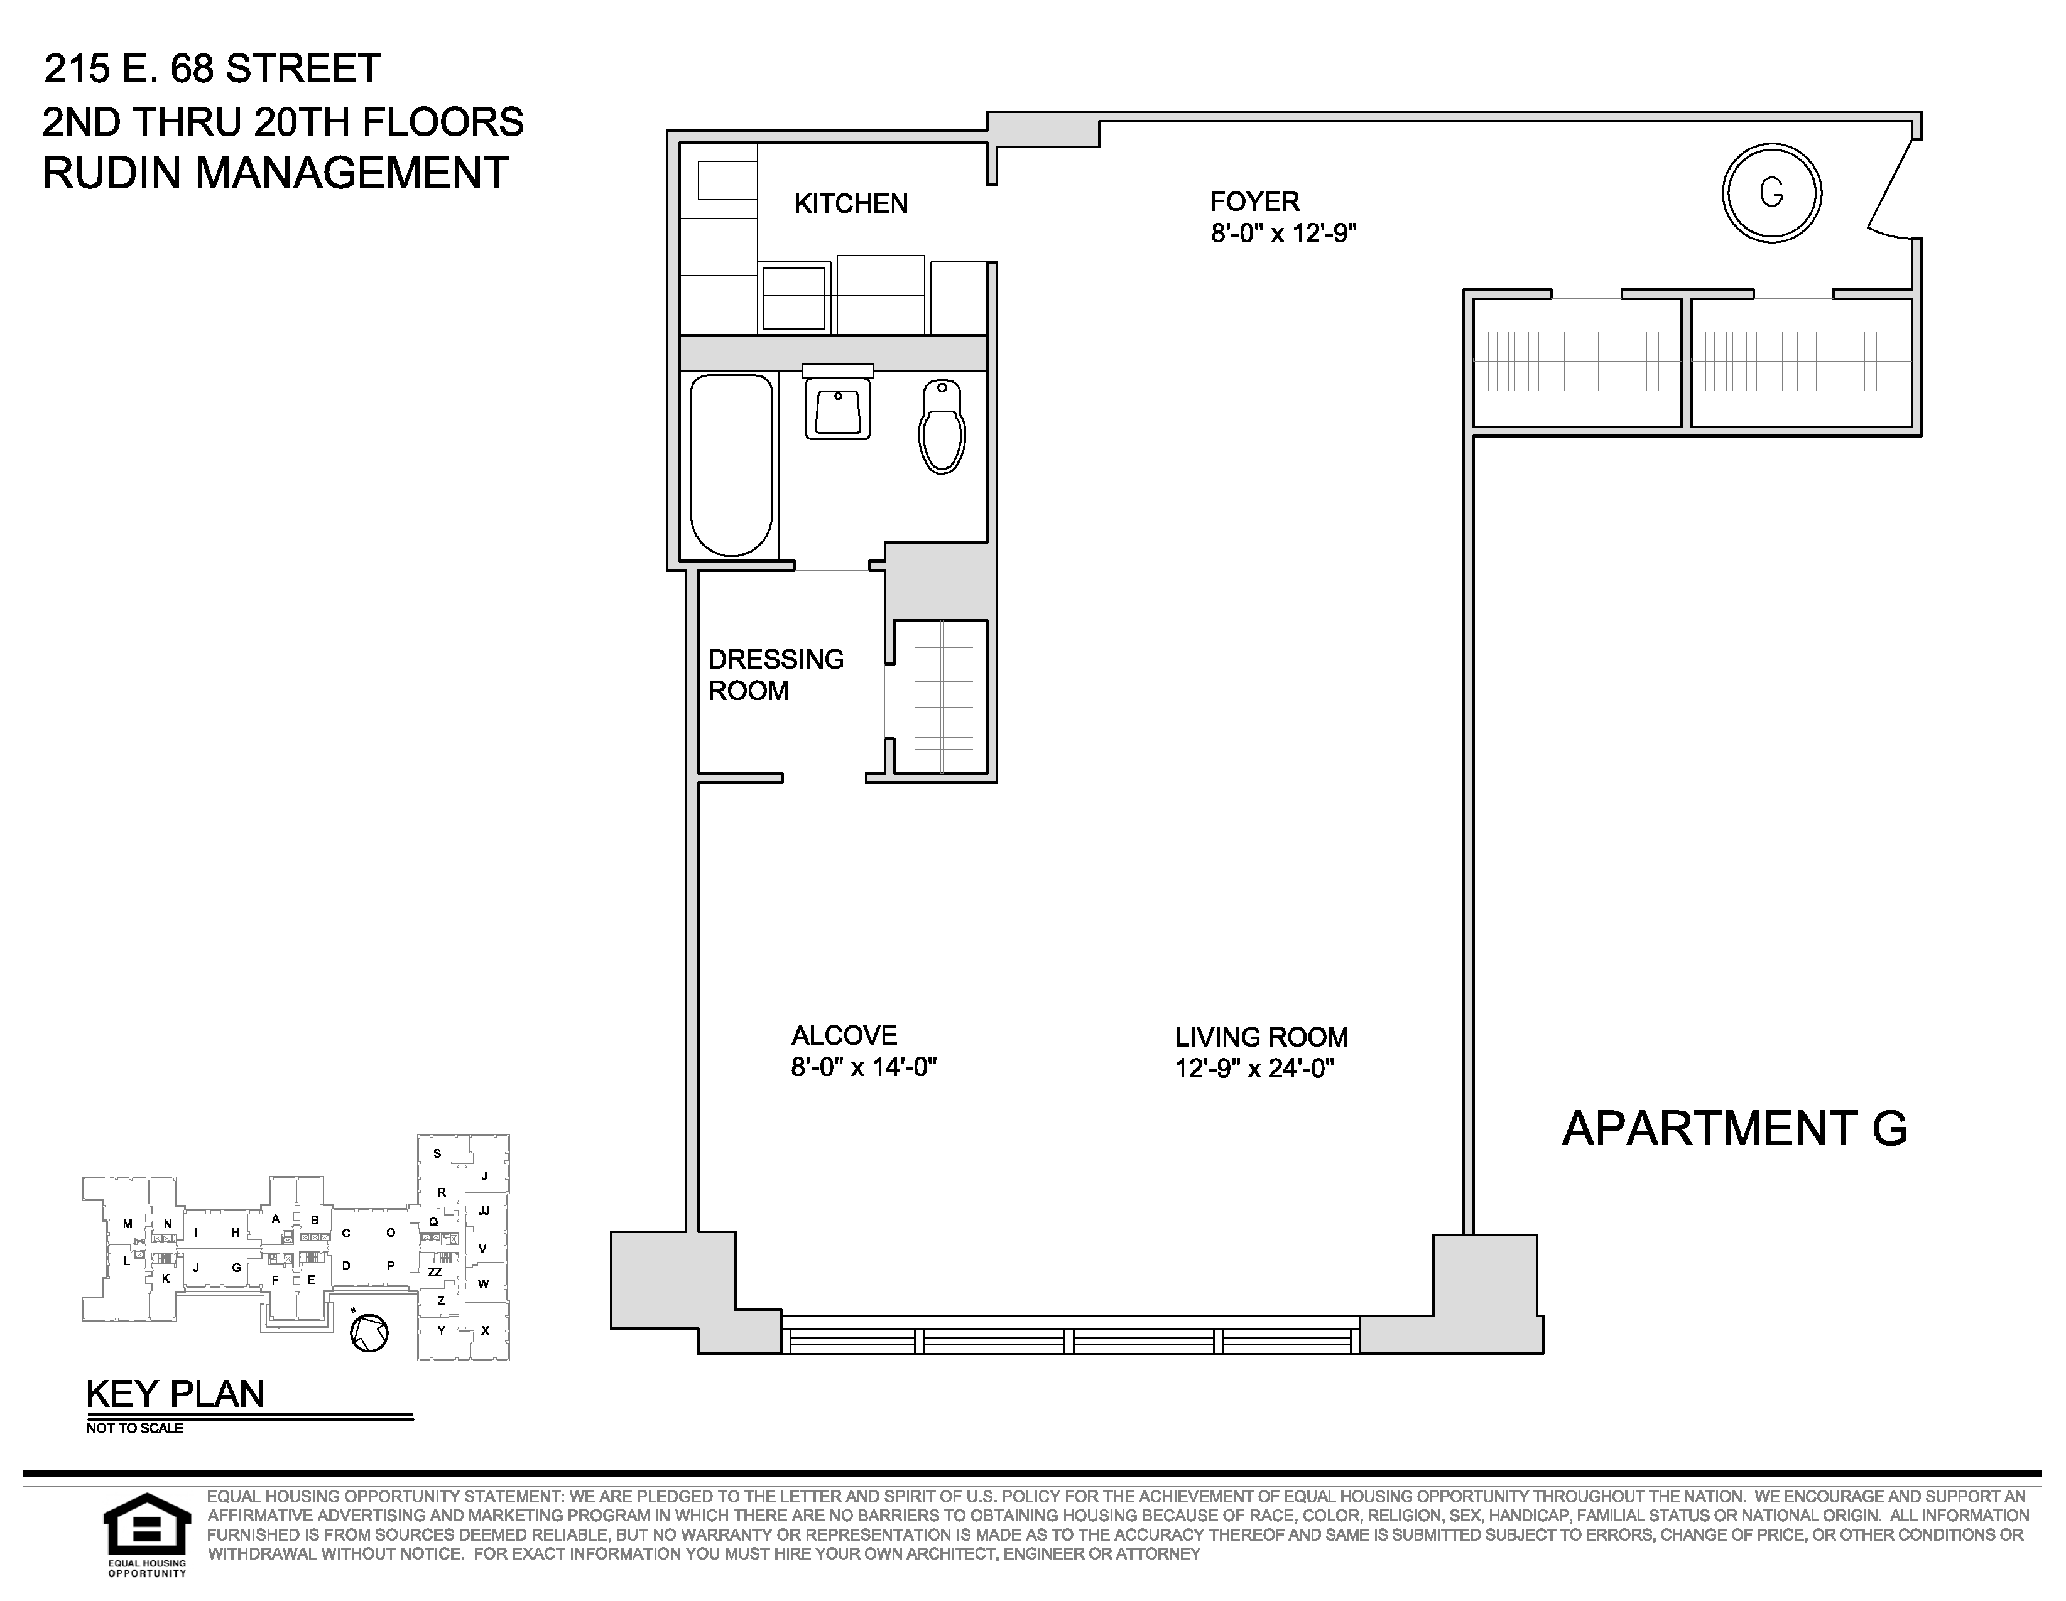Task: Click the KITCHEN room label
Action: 851,203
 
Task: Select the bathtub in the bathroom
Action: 731,465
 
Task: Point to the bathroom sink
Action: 837,402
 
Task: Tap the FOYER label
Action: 1255,202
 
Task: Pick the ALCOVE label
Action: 844,1035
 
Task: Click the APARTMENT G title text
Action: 1734,1128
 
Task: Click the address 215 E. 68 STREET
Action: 213,68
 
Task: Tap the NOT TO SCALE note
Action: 134,1428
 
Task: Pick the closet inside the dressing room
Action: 940,696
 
